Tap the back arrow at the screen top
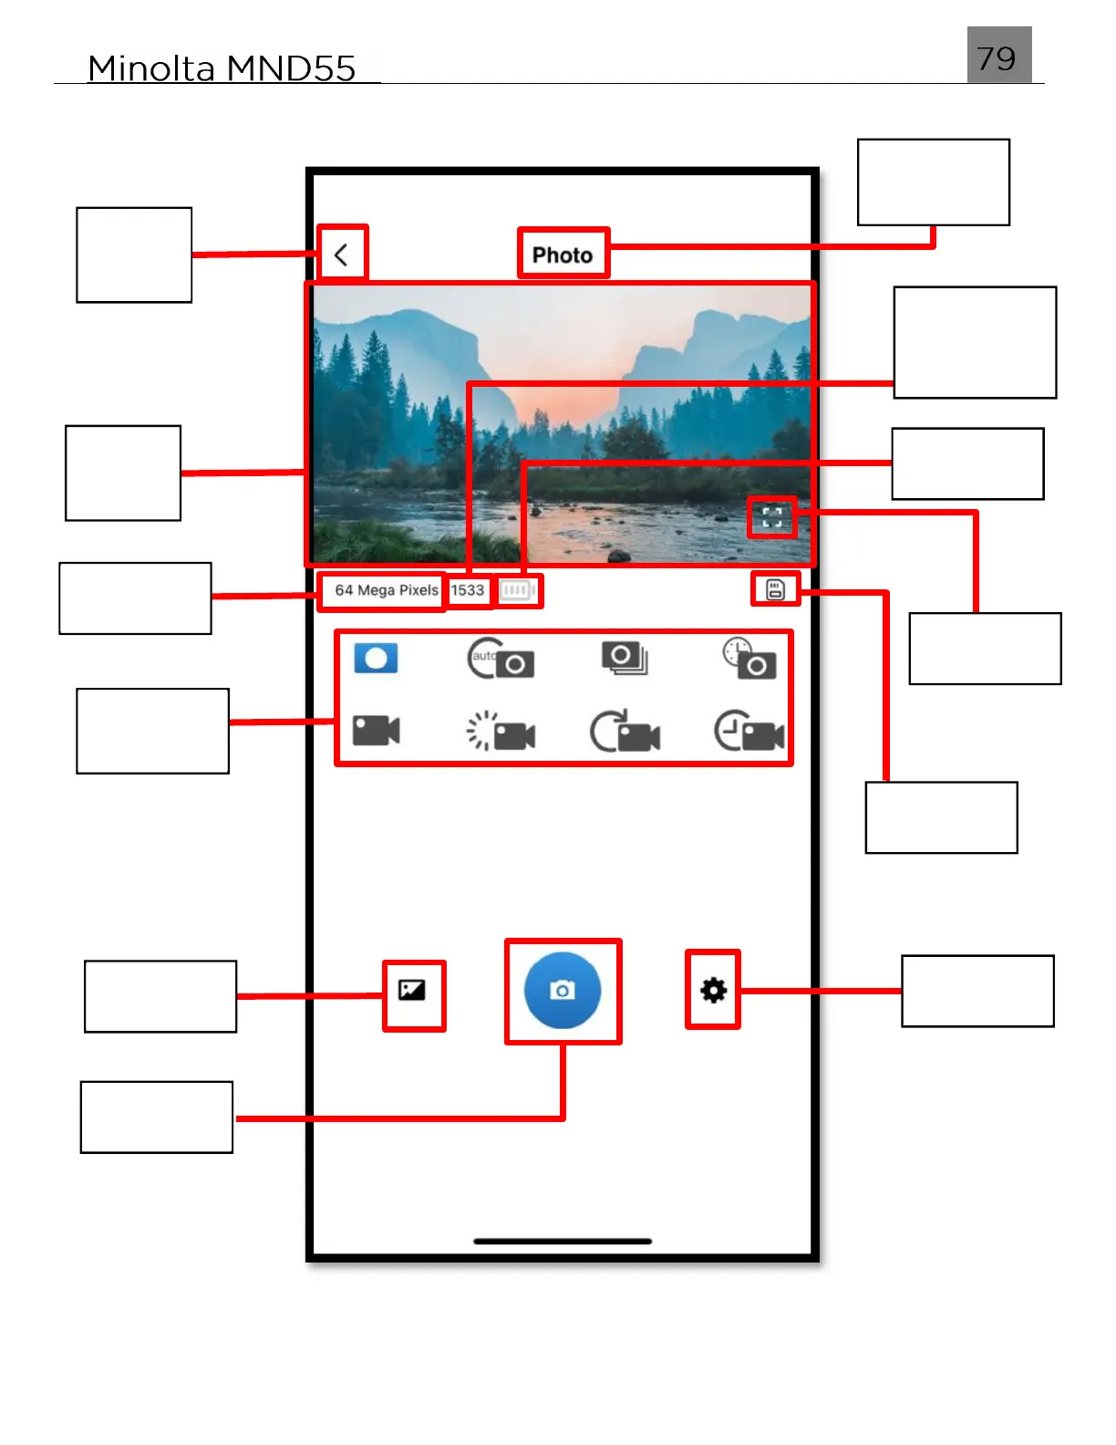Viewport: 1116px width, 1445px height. coord(341,255)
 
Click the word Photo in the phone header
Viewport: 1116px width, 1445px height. coord(563,255)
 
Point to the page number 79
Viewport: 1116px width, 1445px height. coord(997,57)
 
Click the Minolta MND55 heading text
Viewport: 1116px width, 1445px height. coord(222,68)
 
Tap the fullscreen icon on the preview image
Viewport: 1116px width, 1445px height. coord(771,518)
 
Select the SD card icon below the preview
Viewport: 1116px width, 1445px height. coord(775,590)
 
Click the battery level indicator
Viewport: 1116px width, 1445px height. coord(517,590)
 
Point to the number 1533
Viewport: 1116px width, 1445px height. coord(468,590)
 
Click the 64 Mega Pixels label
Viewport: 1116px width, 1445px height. coord(386,590)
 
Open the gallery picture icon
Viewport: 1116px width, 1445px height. coord(412,990)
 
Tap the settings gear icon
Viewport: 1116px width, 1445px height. coord(713,990)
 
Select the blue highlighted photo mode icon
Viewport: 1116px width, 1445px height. coord(376,659)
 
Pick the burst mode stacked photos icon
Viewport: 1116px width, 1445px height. coord(625,658)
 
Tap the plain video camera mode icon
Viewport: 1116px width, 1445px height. coord(376,731)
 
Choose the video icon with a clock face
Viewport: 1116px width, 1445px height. coord(749,732)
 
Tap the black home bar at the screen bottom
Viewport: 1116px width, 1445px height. coord(563,1241)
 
